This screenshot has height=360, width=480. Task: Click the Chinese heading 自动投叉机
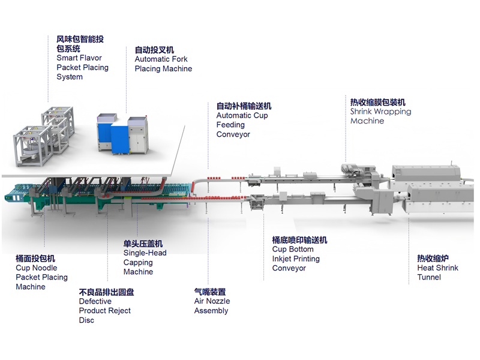click(x=154, y=50)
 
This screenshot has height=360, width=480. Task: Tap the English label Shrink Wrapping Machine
click(x=380, y=116)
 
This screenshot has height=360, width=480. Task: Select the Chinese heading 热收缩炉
click(x=433, y=258)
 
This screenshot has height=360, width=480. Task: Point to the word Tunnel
click(x=429, y=277)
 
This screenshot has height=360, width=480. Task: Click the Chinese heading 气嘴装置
click(x=209, y=292)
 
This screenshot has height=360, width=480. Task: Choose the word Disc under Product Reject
click(x=86, y=320)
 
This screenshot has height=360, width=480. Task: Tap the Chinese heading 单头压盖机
click(x=143, y=244)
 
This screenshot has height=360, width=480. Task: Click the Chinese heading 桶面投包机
click(x=35, y=259)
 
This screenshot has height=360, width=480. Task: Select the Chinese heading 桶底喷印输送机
click(x=299, y=239)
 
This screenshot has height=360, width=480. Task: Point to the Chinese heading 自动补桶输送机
click(x=244, y=106)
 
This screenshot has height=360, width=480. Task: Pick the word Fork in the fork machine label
click(x=179, y=59)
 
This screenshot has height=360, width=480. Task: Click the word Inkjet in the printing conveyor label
click(x=282, y=259)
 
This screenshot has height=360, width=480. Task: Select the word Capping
click(x=138, y=263)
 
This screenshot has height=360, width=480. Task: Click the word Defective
click(x=95, y=301)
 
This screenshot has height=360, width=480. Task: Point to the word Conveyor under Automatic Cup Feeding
click(x=233, y=134)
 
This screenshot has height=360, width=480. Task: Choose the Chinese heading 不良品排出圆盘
click(x=106, y=292)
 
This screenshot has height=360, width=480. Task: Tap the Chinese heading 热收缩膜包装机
click(x=377, y=102)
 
